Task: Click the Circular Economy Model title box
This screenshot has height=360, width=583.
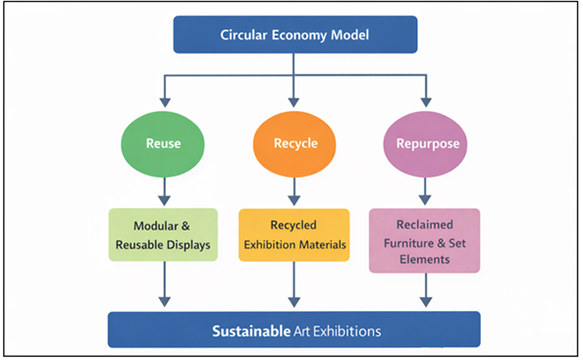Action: click(295, 35)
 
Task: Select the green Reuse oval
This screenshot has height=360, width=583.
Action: click(164, 143)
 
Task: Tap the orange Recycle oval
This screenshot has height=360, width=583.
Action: click(294, 143)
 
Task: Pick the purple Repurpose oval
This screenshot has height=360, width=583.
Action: click(425, 143)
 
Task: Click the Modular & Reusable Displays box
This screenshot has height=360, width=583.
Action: click(164, 235)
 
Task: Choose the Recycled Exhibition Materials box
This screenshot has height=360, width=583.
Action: click(294, 235)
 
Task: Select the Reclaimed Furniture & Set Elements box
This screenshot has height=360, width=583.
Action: click(424, 240)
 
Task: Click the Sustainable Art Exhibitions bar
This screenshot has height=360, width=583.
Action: click(293, 331)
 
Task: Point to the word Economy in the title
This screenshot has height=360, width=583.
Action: click(297, 35)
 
